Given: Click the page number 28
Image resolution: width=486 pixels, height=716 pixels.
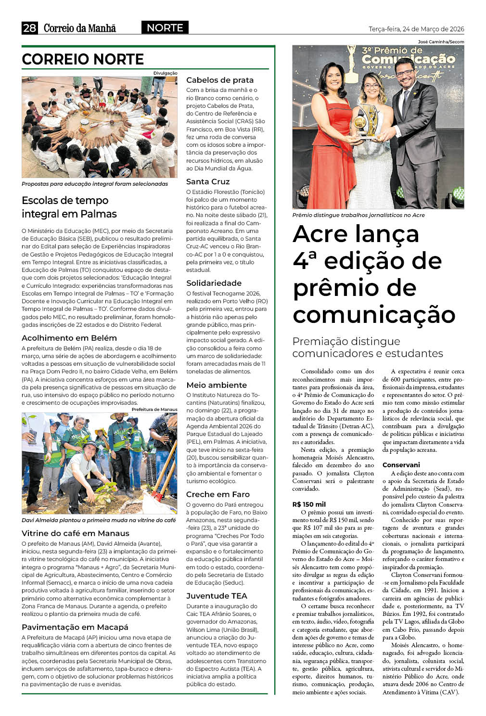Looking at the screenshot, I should click(x=29, y=28).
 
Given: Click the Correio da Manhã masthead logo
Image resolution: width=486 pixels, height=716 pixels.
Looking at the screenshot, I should click(x=80, y=28).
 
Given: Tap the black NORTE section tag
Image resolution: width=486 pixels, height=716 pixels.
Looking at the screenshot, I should click(x=165, y=28).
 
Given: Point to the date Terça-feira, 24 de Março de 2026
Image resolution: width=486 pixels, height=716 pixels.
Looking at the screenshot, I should click(x=416, y=29).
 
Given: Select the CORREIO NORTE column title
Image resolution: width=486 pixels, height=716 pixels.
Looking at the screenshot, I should click(x=83, y=59).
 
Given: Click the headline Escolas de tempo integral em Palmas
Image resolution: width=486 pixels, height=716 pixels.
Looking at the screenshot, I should click(x=69, y=207).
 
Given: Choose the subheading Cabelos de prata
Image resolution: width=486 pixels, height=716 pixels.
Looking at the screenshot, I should click(x=219, y=80).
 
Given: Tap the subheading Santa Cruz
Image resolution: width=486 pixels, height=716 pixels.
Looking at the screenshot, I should click(x=208, y=181).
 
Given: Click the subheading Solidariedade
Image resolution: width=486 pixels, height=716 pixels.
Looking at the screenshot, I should click(x=214, y=283).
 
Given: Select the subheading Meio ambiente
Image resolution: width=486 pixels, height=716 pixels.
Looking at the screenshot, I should click(x=217, y=385).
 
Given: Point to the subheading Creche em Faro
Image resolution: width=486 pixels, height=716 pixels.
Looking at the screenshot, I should click(x=217, y=494).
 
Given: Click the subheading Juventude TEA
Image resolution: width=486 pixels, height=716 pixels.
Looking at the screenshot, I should click(x=217, y=596).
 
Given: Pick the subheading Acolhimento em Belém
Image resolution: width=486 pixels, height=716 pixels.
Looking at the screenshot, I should click(x=69, y=338).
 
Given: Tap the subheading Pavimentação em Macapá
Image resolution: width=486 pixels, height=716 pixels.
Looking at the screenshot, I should click(x=75, y=627).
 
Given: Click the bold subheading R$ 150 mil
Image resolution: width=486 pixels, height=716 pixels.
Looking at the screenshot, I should click(x=309, y=504).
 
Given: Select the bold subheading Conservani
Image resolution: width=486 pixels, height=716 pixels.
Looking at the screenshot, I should click(x=401, y=465).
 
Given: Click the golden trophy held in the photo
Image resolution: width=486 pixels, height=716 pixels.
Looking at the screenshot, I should click(x=366, y=120).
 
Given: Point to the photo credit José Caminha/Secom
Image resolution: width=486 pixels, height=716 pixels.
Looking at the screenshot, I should click(x=441, y=42).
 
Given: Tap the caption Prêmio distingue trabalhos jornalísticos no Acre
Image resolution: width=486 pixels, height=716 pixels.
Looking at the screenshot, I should click(x=358, y=215).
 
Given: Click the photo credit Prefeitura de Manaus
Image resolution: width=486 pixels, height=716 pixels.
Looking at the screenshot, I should click(x=154, y=409).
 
